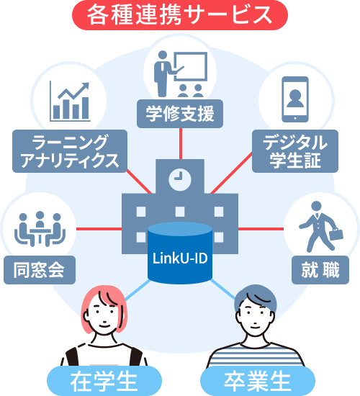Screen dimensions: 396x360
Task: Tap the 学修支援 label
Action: pos(179,114)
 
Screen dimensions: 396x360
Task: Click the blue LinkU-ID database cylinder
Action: pos(179,253)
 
